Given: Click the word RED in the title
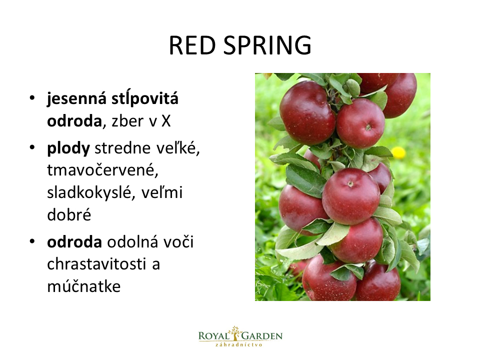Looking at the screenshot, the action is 192,45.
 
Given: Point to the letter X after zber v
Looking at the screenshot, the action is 166,121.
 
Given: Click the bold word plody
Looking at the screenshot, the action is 68,149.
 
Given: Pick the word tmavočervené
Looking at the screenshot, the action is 102,170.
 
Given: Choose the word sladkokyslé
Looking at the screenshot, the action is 91,193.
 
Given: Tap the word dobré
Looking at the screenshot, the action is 69,214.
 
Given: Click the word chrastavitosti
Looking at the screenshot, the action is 96,264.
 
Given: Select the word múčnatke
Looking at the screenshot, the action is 84,286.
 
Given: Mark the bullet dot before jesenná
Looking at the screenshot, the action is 32,98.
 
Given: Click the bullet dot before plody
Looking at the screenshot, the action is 32,147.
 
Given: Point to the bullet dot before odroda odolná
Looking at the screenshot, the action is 32,241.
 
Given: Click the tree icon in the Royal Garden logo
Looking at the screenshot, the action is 235,333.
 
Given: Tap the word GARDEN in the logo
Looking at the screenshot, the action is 262,336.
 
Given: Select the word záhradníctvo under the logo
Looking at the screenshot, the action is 239,344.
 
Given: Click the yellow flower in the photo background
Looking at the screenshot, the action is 398,152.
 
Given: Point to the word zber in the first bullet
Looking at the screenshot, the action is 127,121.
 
